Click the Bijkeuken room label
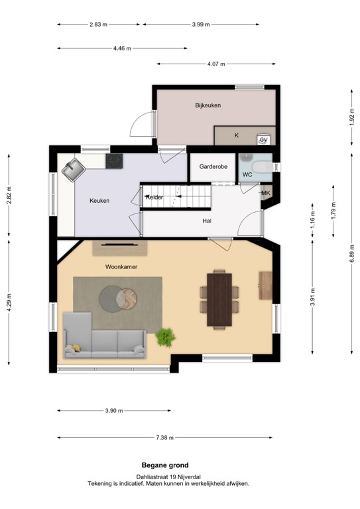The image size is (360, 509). coord(208,105)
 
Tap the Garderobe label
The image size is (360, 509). coord(213,167)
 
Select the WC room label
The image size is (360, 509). coord(247,175)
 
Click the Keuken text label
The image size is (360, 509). coord(99,201)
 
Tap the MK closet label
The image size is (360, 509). coord(266,194)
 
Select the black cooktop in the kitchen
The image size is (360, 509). coord(115,160)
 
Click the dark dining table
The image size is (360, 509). coord(219,299)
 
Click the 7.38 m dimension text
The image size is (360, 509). coord(166,438)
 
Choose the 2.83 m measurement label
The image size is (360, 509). coord(99,25)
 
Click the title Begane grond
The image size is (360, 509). coord(165,465)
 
